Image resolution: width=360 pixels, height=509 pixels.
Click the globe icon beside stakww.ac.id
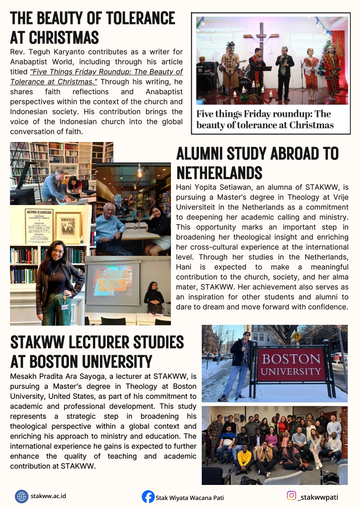pos(21,496)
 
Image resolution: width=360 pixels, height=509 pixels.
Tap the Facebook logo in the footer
pos(148,497)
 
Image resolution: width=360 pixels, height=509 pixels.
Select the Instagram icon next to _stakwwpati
pos(292,496)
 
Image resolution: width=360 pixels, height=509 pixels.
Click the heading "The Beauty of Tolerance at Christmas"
pos(92,27)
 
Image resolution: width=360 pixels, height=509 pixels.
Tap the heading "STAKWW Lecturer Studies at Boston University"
pos(97,351)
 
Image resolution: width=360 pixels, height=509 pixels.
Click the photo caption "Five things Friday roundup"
pos(265,119)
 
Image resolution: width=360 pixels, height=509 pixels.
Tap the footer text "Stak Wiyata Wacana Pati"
pos(190,498)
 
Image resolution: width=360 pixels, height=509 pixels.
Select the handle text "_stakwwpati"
pos(318,497)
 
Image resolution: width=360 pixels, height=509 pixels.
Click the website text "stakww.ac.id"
pos(49,496)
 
